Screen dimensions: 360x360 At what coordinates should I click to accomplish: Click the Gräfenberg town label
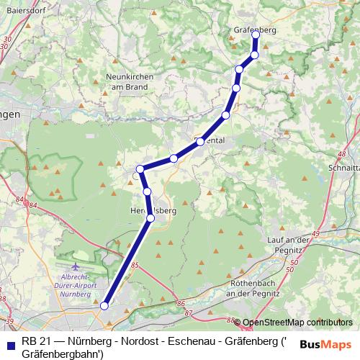256,30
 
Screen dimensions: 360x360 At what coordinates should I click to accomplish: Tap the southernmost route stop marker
104,306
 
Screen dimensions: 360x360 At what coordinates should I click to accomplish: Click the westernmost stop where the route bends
140,170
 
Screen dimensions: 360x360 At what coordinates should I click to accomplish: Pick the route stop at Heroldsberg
150,217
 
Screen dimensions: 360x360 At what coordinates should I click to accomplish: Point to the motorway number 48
341,154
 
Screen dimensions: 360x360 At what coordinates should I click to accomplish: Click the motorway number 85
135,266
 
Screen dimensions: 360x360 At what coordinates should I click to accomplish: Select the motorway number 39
9,320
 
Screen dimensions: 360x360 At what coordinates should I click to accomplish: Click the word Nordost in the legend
118,341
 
